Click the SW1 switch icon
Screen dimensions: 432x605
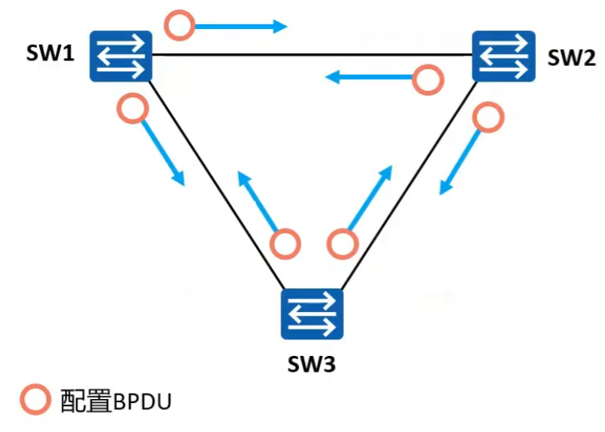tap(119, 56)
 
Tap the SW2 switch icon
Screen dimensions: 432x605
tap(503, 56)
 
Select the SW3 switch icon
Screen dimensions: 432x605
tap(312, 314)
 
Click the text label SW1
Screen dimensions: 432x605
tap(52, 54)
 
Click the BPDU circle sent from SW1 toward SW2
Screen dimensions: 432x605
tap(180, 26)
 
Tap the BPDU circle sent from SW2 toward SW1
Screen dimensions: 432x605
tap(428, 79)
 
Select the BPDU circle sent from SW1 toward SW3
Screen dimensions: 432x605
tap(132, 108)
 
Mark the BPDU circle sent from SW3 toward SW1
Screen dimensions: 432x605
tap(285, 244)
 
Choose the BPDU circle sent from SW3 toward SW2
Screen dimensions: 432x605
tap(341, 244)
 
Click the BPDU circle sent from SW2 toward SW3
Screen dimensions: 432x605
tap(487, 118)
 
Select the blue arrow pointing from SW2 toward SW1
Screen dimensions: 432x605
tap(369, 77)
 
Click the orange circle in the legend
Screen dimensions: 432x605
tap(35, 401)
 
